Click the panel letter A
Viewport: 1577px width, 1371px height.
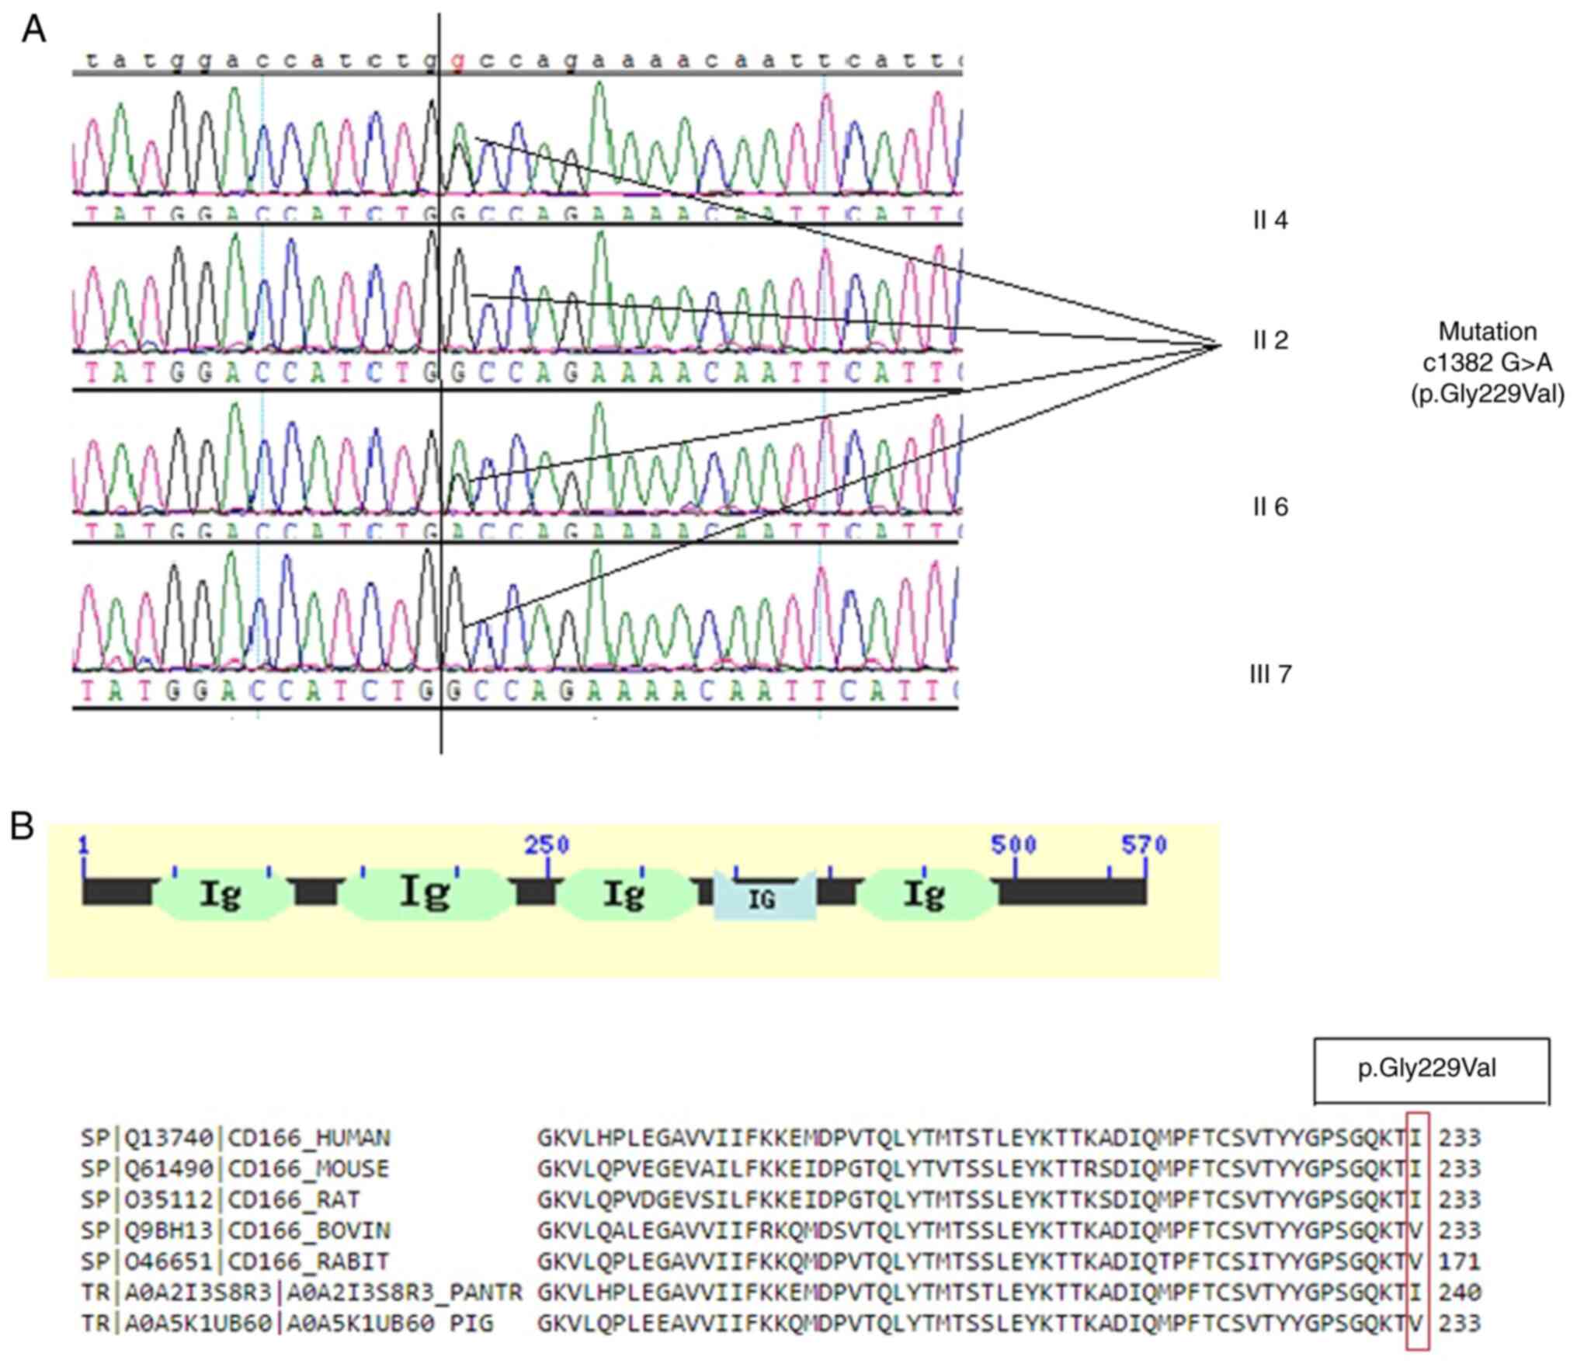[33, 31]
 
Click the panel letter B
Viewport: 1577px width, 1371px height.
[22, 826]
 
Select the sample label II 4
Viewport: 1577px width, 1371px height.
[1270, 221]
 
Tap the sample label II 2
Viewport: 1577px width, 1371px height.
[1270, 340]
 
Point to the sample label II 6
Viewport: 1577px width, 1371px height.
[1270, 507]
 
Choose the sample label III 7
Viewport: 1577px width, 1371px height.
[1270, 674]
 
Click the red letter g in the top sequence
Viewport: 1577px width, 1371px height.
[457, 61]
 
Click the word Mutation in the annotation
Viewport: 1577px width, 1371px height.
[1487, 332]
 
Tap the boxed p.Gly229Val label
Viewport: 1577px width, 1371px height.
[1426, 1069]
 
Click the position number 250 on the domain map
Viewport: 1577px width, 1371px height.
[547, 844]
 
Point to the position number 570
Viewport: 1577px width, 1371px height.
[1144, 844]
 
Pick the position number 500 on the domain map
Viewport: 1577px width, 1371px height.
[1013, 844]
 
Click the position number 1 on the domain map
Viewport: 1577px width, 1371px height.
[83, 844]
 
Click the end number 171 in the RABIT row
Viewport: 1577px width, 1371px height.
[1459, 1261]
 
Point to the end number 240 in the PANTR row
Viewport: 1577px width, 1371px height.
[1459, 1293]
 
